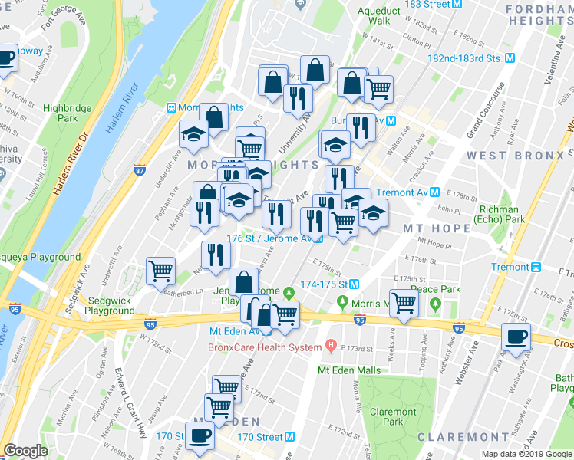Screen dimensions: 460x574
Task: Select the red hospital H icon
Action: [x=331, y=347]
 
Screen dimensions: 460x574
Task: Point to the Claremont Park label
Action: [x=394, y=417]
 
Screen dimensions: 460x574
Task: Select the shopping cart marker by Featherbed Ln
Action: [x=161, y=271]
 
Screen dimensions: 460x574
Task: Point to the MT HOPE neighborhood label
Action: [x=437, y=228]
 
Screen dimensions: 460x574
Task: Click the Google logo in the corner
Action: [x=25, y=451]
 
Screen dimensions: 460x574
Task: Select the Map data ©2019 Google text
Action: [x=526, y=454]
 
